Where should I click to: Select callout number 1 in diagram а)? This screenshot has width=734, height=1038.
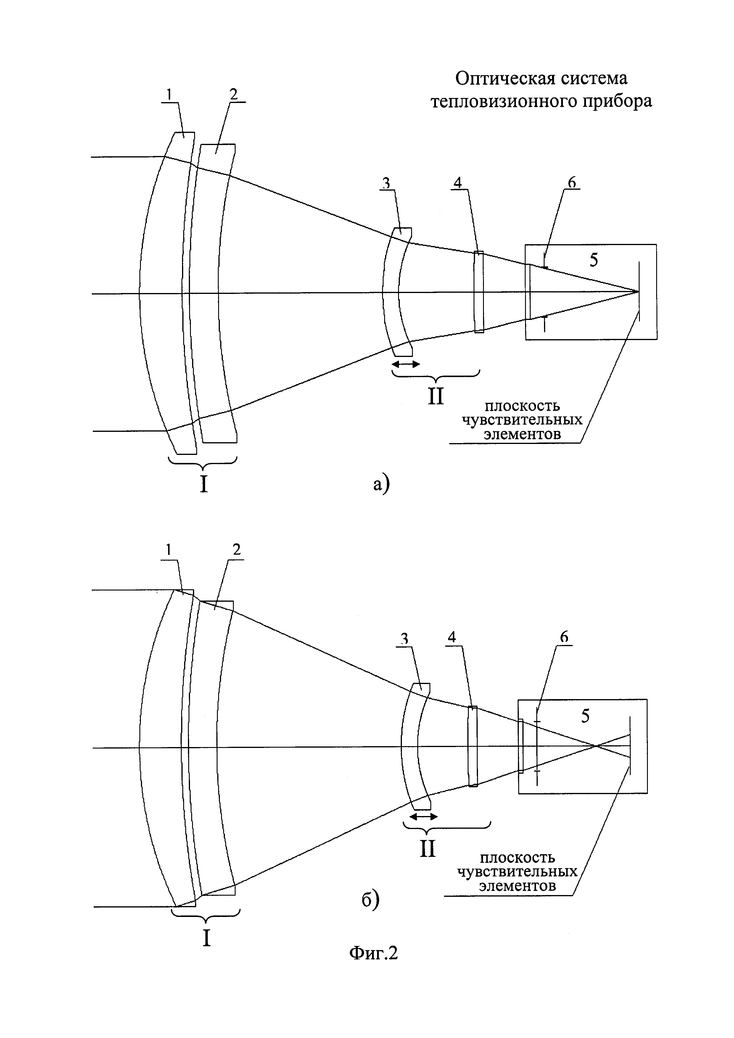point(169,94)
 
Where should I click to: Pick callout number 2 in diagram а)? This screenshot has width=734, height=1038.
point(233,94)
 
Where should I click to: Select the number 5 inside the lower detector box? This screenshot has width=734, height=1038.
point(585,716)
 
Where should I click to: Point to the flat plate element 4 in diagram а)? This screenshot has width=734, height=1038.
point(479,292)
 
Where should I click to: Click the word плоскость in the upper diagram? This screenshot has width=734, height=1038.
point(522,405)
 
